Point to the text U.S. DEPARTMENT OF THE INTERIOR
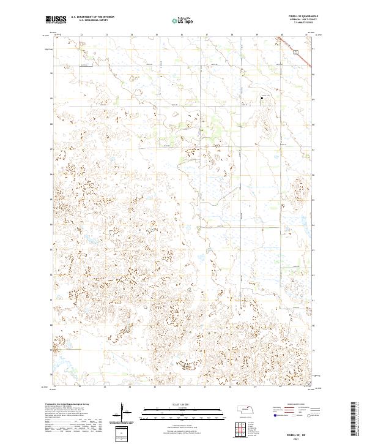coord(92,17)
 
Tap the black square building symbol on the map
coord(261,97)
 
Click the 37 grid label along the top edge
coord(206,34)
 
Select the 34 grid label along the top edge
coord(131,34)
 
